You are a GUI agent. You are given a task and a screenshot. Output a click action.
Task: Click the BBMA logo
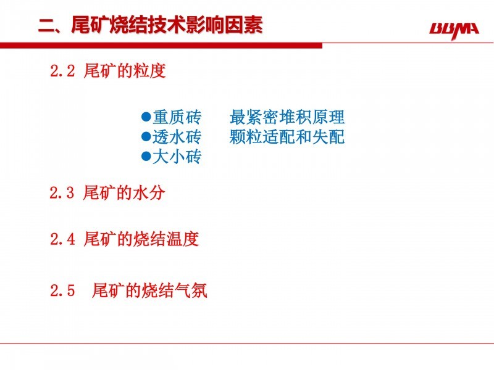tap(454, 30)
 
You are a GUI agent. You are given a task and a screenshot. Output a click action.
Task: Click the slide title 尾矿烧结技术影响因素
tap(167, 25)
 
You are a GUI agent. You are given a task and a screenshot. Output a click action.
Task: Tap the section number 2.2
tap(62, 70)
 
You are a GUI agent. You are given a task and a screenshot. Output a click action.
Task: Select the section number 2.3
tap(62, 192)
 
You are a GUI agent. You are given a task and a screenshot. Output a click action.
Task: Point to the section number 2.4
tap(62, 239)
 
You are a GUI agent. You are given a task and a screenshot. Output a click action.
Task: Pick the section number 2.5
tap(62, 290)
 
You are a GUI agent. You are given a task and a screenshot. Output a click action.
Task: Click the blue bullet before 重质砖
tap(146, 117)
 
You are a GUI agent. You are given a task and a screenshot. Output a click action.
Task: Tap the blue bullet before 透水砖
tap(146, 136)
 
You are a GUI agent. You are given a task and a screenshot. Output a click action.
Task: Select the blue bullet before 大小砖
tap(146, 156)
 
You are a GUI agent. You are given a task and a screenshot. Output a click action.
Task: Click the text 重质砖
tap(177, 117)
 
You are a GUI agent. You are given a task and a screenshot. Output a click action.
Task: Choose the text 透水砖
tap(177, 136)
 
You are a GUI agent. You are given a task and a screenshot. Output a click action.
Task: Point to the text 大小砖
tap(177, 156)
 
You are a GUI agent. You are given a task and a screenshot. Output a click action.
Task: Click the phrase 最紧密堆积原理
tap(287, 117)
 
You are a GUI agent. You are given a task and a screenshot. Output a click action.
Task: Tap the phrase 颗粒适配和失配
tap(287, 136)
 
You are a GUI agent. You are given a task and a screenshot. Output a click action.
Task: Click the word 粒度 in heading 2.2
tap(149, 70)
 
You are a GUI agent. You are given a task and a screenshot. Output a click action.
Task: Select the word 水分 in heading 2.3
tap(149, 192)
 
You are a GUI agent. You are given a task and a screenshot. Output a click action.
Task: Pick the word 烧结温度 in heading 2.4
tap(166, 239)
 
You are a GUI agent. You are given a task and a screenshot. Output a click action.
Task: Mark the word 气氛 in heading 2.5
tap(191, 290)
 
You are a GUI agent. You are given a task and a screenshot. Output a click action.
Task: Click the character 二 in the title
tap(47, 25)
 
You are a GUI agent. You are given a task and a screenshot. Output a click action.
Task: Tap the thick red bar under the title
tap(161, 46)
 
